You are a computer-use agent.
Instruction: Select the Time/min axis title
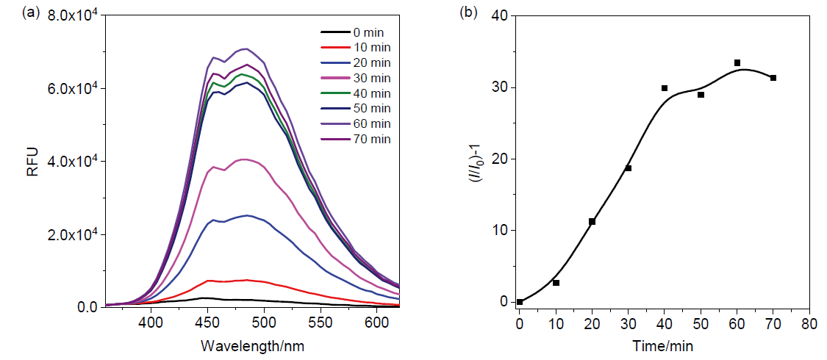coord(664,345)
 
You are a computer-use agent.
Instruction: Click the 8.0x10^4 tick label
coord(74,15)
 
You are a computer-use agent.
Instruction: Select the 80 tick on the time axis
coord(809,323)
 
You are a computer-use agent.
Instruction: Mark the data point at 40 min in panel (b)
coord(665,88)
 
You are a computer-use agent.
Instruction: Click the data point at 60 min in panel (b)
coord(737,63)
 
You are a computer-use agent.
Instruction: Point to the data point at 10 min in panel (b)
coord(556,283)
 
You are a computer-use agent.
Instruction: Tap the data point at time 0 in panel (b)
coord(520,301)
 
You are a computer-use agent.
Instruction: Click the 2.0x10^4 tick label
coord(74,234)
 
